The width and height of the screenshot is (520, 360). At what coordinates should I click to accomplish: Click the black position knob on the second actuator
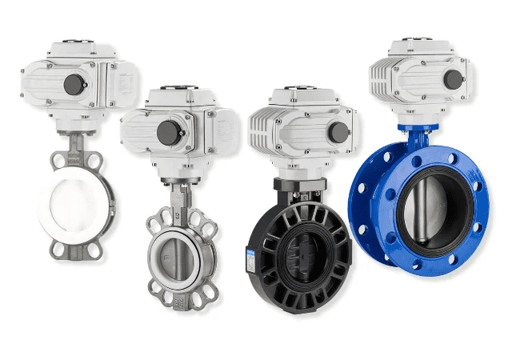(167, 133)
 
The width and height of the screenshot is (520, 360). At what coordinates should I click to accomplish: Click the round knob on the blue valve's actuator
(454, 79)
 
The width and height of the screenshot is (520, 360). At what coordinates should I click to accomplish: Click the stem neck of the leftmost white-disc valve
(80, 137)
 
